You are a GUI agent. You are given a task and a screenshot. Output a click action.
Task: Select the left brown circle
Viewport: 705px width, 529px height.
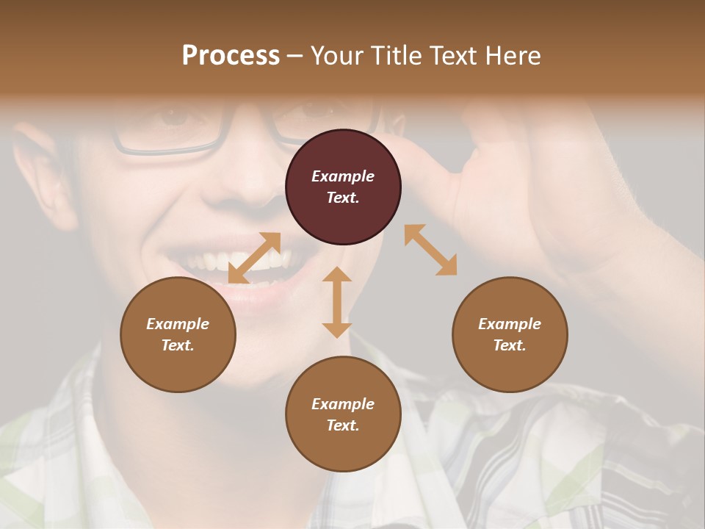178,334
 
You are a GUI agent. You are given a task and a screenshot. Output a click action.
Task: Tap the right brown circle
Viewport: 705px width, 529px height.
510,334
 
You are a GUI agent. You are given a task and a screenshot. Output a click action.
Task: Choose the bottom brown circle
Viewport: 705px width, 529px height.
343,414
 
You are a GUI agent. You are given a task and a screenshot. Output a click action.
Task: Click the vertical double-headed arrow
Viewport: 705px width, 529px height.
337,302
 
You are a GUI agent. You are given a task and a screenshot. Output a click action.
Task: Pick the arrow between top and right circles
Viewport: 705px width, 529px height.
430,250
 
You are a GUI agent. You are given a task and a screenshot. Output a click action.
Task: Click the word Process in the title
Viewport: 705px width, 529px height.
231,56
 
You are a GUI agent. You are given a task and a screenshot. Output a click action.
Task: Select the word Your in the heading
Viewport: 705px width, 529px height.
336,56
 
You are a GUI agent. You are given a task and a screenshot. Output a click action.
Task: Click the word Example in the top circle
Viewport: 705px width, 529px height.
343,176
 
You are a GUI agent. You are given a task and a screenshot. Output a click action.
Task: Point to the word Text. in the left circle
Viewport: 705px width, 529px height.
178,345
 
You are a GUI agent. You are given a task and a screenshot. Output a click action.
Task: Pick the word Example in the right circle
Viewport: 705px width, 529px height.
510,324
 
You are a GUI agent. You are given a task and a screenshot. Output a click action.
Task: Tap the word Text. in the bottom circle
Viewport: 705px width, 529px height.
343,425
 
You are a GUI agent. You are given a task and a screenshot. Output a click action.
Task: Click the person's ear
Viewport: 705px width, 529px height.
44,169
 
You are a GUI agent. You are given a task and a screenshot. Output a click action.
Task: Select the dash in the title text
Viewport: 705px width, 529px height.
295,56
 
